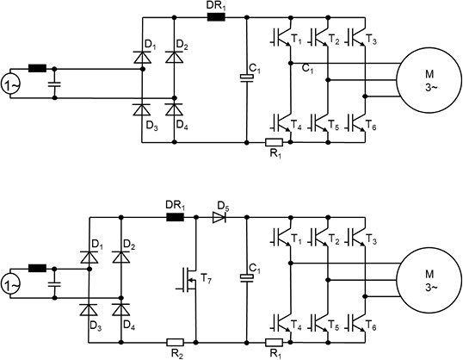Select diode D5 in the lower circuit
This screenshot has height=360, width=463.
click(x=219, y=218)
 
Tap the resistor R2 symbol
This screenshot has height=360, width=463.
click(x=175, y=343)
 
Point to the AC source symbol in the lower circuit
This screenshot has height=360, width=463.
click(x=11, y=285)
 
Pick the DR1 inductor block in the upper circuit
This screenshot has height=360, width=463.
click(x=216, y=17)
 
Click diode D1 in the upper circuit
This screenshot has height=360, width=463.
click(x=142, y=57)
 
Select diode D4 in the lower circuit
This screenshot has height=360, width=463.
click(x=121, y=310)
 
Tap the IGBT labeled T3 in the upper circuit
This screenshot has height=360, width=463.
click(x=357, y=37)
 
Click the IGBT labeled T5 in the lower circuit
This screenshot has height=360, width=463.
click(x=320, y=323)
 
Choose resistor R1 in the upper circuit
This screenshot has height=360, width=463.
click(x=274, y=142)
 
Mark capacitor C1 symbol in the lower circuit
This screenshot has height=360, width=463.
click(x=246, y=278)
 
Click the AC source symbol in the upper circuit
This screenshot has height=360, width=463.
click(x=11, y=85)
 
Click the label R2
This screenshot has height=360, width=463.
click(x=177, y=354)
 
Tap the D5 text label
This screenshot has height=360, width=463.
click(x=223, y=206)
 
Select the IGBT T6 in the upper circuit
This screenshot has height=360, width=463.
click(x=357, y=122)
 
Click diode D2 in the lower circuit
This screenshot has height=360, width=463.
click(x=121, y=258)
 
